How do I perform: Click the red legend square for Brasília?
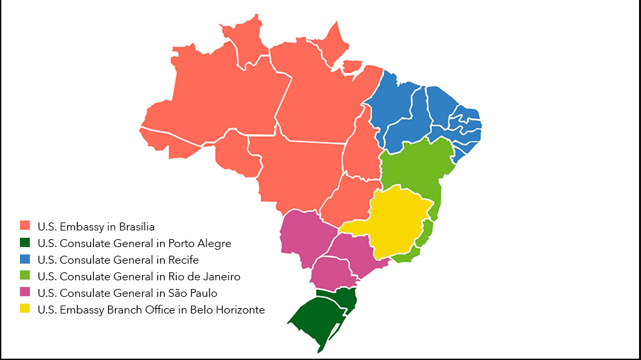pyautogui.click(x=25, y=226)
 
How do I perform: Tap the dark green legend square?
pyautogui.click(x=25, y=242)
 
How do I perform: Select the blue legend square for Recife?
pyautogui.click(x=25, y=259)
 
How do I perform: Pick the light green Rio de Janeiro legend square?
pyautogui.click(x=25, y=276)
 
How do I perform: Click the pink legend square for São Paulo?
pyautogui.click(x=25, y=292)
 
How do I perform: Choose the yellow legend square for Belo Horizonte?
pyautogui.click(x=25, y=309)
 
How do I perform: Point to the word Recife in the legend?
pyautogui.click(x=183, y=260)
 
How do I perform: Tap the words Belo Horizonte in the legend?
pyautogui.click(x=227, y=310)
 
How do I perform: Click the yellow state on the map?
pyautogui.click(x=395, y=219)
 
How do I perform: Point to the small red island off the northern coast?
pyautogui.click(x=352, y=66)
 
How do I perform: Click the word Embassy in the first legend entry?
pyautogui.click(x=76, y=226)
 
